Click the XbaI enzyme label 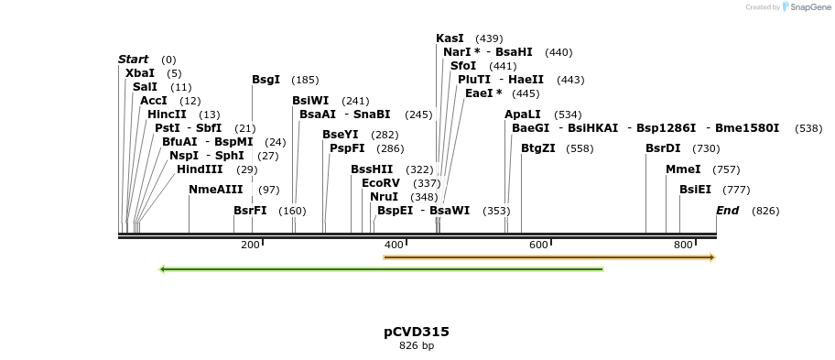pos(140,73)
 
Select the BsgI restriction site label pos(266,80)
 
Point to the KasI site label pos(450,38)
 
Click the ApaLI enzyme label pos(523,115)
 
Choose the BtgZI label pos(537,148)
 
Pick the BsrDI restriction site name pos(663,148)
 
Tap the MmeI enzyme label pos(683,169)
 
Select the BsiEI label pos(695,190)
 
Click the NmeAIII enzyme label pos(216,190)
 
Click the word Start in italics pos(133,60)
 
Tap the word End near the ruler pos(727,211)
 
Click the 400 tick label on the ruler pos(394,245)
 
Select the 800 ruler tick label pos(683,245)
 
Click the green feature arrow pos(381,269)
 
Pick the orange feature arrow pos(548,257)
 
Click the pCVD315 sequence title pos(417,332)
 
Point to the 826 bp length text pos(417,346)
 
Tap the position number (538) pos(808,128)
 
